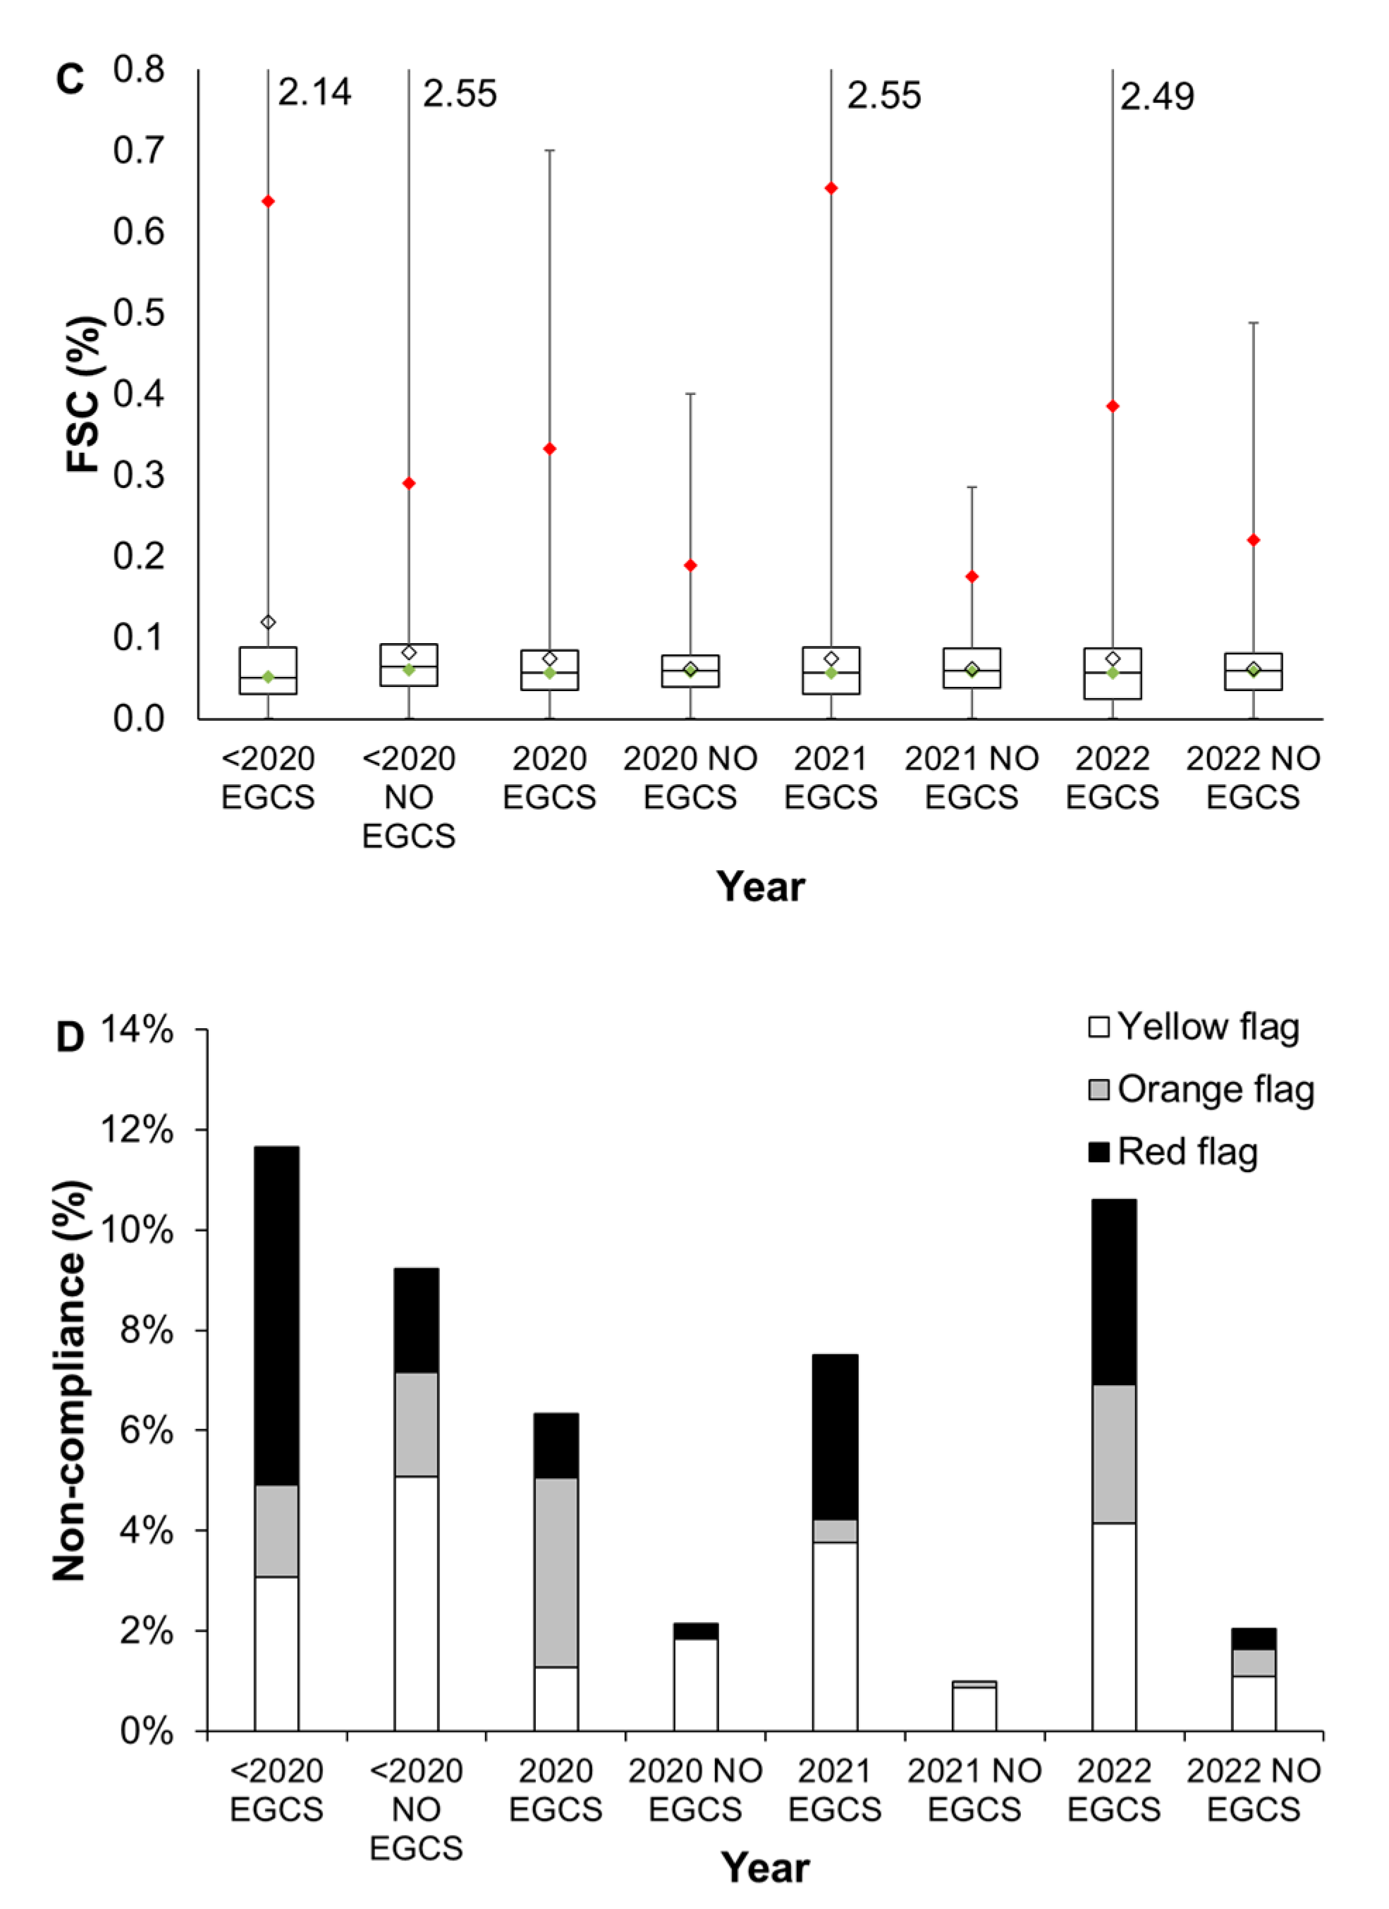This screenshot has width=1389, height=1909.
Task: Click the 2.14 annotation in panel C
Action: tap(314, 92)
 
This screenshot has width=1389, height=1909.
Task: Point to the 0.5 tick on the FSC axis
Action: tap(139, 312)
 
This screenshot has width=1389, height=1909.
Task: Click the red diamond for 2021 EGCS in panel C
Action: tap(831, 188)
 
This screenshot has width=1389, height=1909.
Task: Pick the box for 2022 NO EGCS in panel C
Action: tap(1253, 671)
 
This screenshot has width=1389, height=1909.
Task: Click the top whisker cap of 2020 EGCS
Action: tap(549, 151)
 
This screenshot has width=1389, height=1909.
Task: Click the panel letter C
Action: tap(70, 80)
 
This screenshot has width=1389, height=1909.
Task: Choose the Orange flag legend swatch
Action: tap(1098, 1090)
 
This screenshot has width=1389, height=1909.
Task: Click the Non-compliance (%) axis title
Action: tap(70, 1380)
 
